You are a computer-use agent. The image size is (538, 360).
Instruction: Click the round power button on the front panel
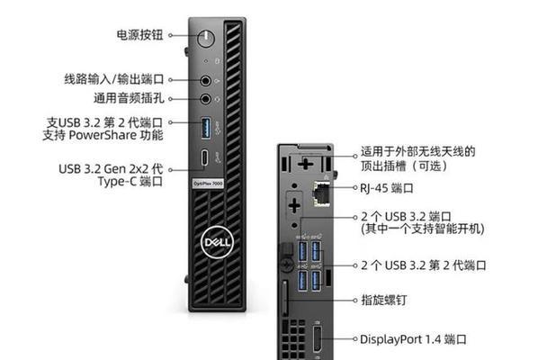click(x=206, y=38)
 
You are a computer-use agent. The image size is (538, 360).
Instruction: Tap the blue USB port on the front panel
click(x=206, y=128)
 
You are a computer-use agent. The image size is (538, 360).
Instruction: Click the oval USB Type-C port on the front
click(x=205, y=157)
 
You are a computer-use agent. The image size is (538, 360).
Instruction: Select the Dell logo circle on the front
click(x=217, y=242)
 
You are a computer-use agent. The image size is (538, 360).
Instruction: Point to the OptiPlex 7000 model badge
click(x=207, y=184)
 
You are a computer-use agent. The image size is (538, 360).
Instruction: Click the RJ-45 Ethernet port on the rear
click(x=321, y=193)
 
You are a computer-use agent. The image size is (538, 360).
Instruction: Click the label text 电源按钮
click(x=139, y=35)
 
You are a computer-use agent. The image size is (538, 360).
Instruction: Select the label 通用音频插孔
click(x=129, y=98)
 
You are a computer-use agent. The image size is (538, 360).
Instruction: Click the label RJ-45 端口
click(x=386, y=188)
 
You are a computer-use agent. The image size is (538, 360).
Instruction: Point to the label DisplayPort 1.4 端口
click(x=413, y=339)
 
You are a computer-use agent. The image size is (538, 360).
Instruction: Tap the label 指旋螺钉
click(x=384, y=301)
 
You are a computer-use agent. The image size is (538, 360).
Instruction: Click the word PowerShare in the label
click(x=103, y=135)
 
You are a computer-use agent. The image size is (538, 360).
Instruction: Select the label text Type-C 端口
click(x=130, y=181)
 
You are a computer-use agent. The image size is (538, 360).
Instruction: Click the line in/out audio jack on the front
click(x=205, y=81)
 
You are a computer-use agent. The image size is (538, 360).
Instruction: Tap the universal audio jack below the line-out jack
click(x=205, y=99)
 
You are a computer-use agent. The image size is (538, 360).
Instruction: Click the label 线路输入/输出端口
click(x=114, y=79)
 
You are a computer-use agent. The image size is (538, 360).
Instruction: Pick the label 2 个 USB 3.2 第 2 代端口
click(x=424, y=265)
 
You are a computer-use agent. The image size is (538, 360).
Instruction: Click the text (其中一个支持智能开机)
click(x=422, y=229)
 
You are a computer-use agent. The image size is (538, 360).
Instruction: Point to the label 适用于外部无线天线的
click(x=418, y=151)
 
